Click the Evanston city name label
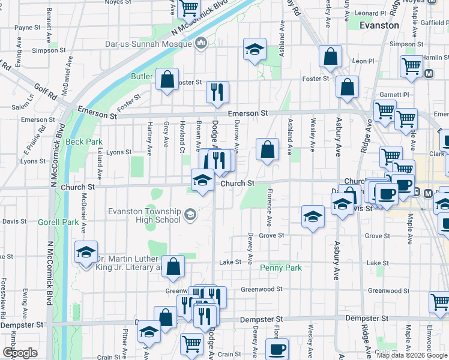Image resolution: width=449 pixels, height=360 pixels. tap(379, 25)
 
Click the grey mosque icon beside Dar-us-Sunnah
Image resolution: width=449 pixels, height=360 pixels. tap(201, 43)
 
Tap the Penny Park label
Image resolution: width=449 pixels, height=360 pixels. tap(280, 268)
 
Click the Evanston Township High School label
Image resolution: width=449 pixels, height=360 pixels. tap(144, 215)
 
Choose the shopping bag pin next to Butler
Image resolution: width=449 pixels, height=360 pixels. tap(167, 79)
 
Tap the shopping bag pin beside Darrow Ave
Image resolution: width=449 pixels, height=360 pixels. tap(267, 149)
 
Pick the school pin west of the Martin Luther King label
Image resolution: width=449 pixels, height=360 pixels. tap(86, 252)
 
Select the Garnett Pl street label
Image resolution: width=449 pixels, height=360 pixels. tap(394, 95)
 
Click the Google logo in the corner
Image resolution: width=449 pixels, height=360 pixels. tap(20, 353)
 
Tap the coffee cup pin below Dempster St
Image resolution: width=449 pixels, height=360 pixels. tap(277, 349)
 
